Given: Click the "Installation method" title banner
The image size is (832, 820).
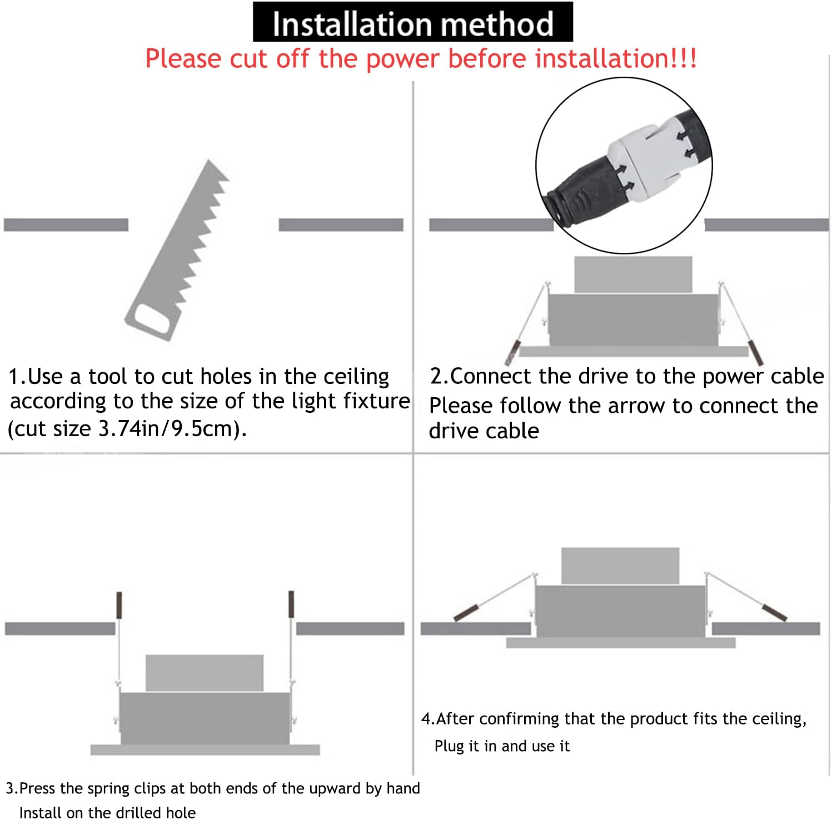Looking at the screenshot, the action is (x=412, y=22).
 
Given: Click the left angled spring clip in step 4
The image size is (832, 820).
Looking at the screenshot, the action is (x=466, y=612).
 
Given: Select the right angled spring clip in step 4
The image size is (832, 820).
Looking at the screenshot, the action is (x=774, y=612).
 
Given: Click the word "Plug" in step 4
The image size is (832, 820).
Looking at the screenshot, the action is (x=449, y=746).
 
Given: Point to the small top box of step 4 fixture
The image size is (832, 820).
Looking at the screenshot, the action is (x=620, y=566).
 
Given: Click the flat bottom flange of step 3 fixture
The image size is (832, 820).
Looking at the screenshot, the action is (x=205, y=749).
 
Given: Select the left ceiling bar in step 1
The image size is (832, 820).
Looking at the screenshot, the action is (x=66, y=224).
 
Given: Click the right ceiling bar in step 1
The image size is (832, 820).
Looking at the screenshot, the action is (x=341, y=224).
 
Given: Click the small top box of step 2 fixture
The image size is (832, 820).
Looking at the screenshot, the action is (x=633, y=274).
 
